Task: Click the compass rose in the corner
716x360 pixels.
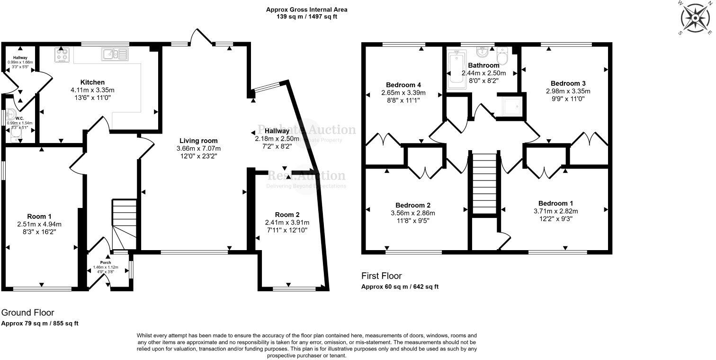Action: tap(696, 18)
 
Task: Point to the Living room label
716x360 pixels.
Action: tap(198, 141)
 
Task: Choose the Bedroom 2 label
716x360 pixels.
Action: tap(413, 205)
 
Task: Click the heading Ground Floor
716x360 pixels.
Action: tap(27, 313)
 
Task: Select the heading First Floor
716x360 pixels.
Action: tap(381, 276)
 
